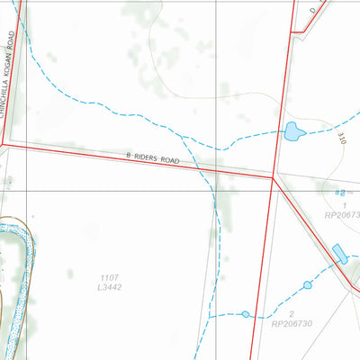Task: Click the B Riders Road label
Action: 154,159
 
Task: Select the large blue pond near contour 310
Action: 293,133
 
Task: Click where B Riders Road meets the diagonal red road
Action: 273,177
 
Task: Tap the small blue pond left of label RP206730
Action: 245,314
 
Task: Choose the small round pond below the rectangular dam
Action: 307,285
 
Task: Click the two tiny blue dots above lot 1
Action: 339,192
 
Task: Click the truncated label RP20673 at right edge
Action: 343,216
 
